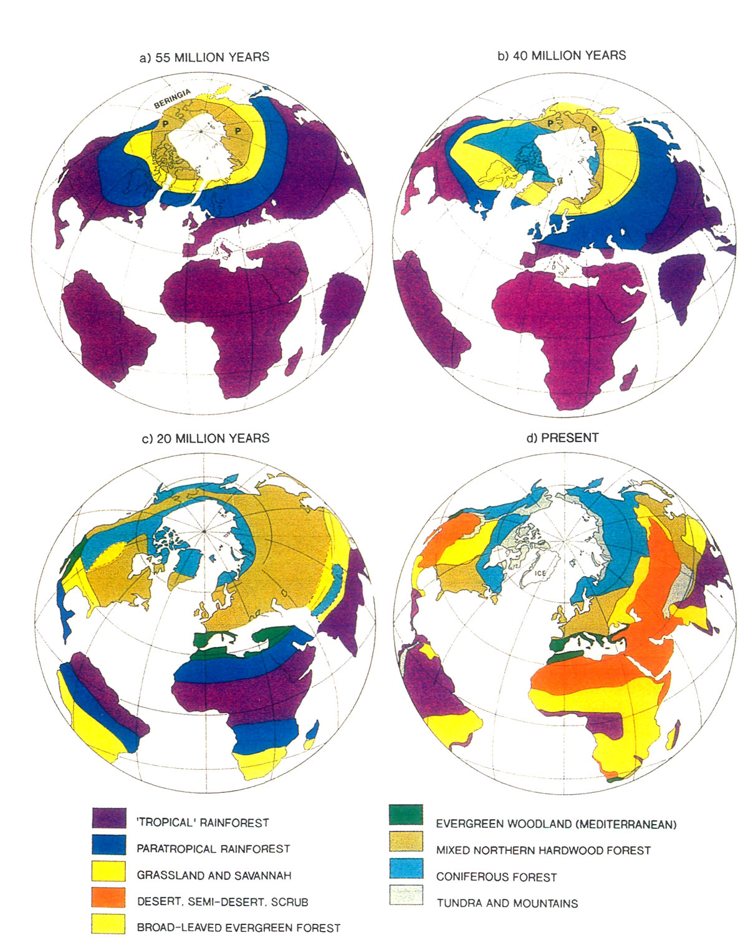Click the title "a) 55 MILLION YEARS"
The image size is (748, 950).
pyautogui.click(x=204, y=57)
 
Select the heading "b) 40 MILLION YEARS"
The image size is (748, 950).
pyautogui.click(x=562, y=55)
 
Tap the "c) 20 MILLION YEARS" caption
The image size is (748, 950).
pyautogui.click(x=206, y=438)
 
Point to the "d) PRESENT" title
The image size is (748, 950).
pyautogui.click(x=562, y=438)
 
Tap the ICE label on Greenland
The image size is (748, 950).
pyautogui.click(x=540, y=573)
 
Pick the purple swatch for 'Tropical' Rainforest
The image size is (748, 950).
pyautogui.click(x=109, y=817)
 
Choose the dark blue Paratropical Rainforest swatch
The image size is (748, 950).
pyautogui.click(x=109, y=844)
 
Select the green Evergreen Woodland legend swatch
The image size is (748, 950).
pyautogui.click(x=406, y=815)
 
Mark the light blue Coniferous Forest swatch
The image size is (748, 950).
pyautogui.click(x=406, y=868)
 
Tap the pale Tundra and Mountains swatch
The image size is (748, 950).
pyautogui.click(x=406, y=895)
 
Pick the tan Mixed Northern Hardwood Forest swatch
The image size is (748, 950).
pyautogui.click(x=406, y=842)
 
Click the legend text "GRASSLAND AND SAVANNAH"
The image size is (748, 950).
pyautogui.click(x=214, y=875)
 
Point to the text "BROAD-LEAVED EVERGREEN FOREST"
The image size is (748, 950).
pyautogui.click(x=239, y=928)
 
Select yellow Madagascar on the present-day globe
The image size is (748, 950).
pyautogui.click(x=672, y=735)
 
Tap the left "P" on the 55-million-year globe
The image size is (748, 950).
pyautogui.click(x=166, y=124)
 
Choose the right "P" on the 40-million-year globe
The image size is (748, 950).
pyautogui.click(x=594, y=130)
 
